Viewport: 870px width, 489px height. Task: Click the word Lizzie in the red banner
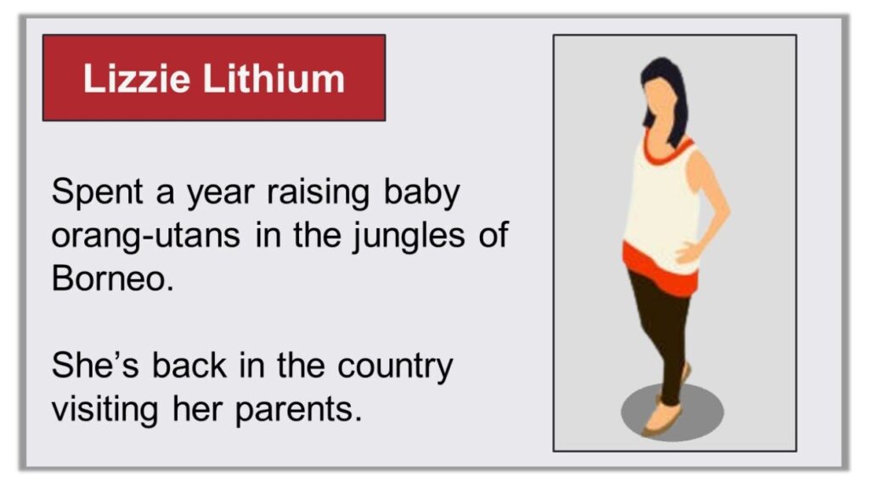click(137, 79)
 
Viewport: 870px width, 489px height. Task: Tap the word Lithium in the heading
click(274, 79)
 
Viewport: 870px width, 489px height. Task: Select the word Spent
click(97, 193)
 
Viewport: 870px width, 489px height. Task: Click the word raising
click(318, 194)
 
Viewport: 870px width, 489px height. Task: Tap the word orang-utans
click(146, 236)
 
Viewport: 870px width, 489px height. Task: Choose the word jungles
click(409, 236)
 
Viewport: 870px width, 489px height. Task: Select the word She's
click(95, 366)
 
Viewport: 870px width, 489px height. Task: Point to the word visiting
click(105, 410)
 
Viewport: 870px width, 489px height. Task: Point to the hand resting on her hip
click(688, 253)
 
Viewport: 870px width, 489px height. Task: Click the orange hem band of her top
click(660, 271)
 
